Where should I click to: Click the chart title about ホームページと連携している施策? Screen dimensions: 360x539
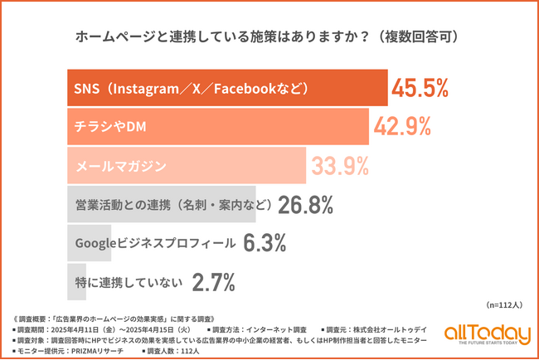(269, 37)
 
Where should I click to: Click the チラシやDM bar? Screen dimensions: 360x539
(216, 127)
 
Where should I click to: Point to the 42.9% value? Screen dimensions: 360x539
(401, 127)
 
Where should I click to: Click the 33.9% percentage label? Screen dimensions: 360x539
(339, 166)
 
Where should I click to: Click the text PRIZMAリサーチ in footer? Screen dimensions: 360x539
(103, 351)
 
